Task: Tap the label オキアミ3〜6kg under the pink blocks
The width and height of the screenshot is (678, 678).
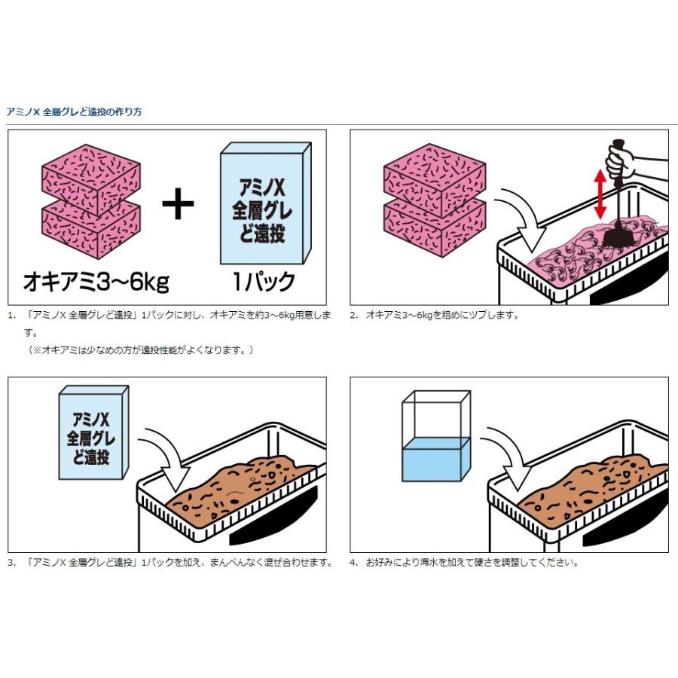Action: [x=96, y=282]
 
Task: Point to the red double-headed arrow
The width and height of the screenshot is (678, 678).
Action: [x=600, y=194]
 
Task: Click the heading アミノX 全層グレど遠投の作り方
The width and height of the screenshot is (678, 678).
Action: [x=74, y=112]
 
